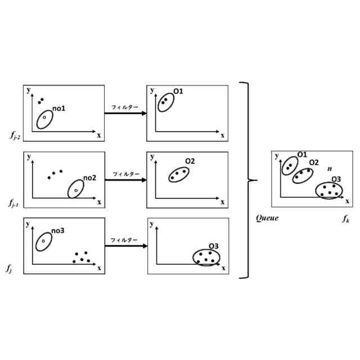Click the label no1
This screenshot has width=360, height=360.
[59, 108]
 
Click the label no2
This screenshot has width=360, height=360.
[89, 178]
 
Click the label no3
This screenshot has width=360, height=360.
[58, 230]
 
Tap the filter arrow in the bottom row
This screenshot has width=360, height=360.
[126, 246]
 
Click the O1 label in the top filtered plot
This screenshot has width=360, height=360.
[178, 91]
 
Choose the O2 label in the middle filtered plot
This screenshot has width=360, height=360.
[190, 161]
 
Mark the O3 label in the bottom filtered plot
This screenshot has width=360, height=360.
[213, 246]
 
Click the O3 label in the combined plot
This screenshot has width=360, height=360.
[336, 179]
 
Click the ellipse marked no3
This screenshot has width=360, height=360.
[43, 241]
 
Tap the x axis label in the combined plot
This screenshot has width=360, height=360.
[347, 201]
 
